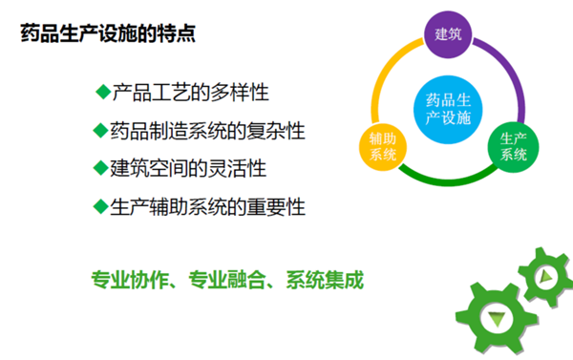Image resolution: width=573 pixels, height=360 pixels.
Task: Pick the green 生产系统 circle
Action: tap(514, 145)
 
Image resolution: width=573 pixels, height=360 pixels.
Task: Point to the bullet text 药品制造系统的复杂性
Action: tap(207, 130)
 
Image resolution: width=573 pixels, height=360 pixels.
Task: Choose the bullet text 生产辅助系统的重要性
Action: tap(207, 205)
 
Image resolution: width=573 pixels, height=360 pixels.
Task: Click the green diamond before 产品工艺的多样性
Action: tap(103, 92)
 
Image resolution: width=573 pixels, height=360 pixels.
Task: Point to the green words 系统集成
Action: tap(325, 281)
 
